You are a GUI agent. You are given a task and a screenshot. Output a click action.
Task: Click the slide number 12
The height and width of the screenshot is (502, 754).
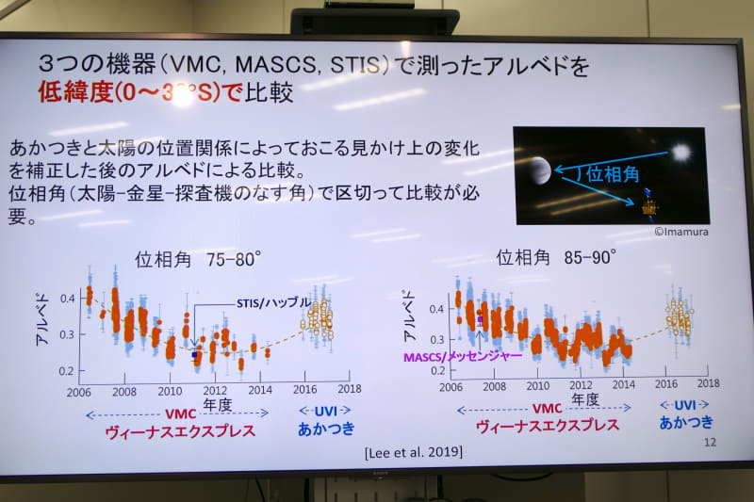click(x=710, y=442)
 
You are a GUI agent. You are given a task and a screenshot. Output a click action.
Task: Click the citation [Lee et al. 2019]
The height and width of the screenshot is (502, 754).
click(x=413, y=452)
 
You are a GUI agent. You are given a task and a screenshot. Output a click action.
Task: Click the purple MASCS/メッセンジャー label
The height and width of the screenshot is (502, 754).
click(x=462, y=357)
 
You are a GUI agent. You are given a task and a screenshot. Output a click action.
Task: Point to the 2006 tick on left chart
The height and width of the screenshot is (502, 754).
click(x=79, y=390)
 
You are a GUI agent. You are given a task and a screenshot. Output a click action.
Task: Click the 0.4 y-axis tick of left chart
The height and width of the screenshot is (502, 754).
click(x=66, y=298)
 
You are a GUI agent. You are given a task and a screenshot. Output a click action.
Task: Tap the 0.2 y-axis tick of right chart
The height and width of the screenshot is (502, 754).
click(x=436, y=370)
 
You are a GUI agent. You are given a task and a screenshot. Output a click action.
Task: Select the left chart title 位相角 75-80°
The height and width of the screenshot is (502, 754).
click(x=197, y=258)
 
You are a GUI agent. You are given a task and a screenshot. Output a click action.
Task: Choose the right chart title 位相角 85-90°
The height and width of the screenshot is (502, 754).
click(x=556, y=256)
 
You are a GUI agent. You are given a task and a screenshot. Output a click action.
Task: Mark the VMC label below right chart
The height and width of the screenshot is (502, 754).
click(x=547, y=408)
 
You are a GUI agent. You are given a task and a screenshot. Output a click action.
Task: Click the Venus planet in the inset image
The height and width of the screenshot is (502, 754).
click(x=538, y=170)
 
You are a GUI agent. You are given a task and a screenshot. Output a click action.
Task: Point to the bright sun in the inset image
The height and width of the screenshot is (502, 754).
click(x=680, y=152)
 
